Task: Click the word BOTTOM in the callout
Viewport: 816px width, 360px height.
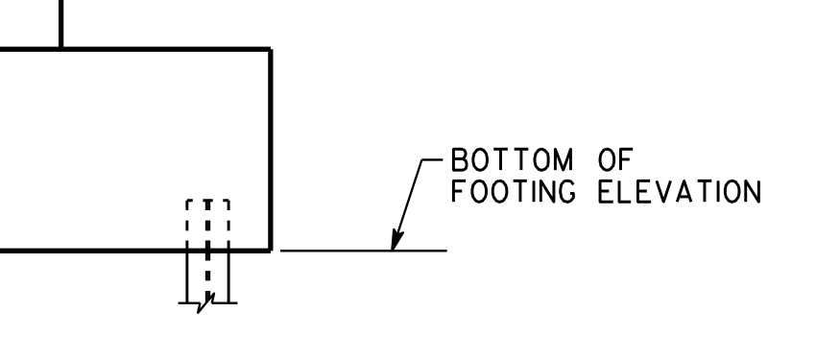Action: pos(512,159)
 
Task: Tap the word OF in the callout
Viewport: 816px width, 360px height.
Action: pos(615,159)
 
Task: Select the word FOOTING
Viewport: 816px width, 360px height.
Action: pos(514,191)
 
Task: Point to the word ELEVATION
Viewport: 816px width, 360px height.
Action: pos(680,191)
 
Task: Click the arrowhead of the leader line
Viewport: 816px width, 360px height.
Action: pos(396,240)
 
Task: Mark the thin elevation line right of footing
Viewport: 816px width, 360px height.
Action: pos(363,251)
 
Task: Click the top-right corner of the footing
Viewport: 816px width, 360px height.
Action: pos(271,49)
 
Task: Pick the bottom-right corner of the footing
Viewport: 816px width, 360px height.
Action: pos(271,251)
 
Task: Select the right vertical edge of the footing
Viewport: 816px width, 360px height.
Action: pos(271,150)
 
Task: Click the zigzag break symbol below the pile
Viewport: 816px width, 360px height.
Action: pos(205,303)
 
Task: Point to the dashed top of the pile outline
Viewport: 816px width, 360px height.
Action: pos(207,201)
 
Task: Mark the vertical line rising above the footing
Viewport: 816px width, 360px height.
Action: pos(61,23)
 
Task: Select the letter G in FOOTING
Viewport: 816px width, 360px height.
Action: pos(566,191)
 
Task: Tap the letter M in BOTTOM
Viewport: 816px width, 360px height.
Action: pos(564,159)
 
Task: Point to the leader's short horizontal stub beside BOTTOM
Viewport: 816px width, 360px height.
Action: pos(432,159)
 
